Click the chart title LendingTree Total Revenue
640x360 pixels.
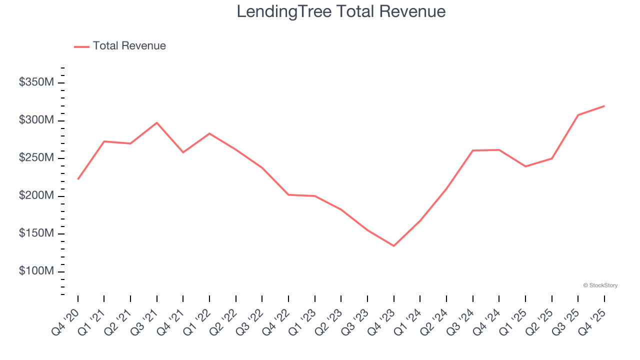pos(341,11)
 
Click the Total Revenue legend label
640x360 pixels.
pos(129,46)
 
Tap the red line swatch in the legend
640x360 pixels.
pos(81,46)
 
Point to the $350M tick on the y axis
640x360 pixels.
pos(36,82)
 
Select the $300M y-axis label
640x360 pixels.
pos(36,120)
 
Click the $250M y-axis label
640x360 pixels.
pos(36,158)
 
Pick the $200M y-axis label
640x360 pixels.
pos(36,196)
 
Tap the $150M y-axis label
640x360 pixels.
pos(36,233)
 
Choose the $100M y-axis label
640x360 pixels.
pos(36,271)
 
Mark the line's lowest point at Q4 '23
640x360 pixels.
pos(393,245)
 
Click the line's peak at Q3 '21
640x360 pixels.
pos(157,122)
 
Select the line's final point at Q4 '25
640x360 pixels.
pos(604,106)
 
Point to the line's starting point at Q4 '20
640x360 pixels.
pos(78,179)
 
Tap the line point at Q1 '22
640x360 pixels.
pos(209,133)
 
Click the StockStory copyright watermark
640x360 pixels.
pos(600,285)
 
